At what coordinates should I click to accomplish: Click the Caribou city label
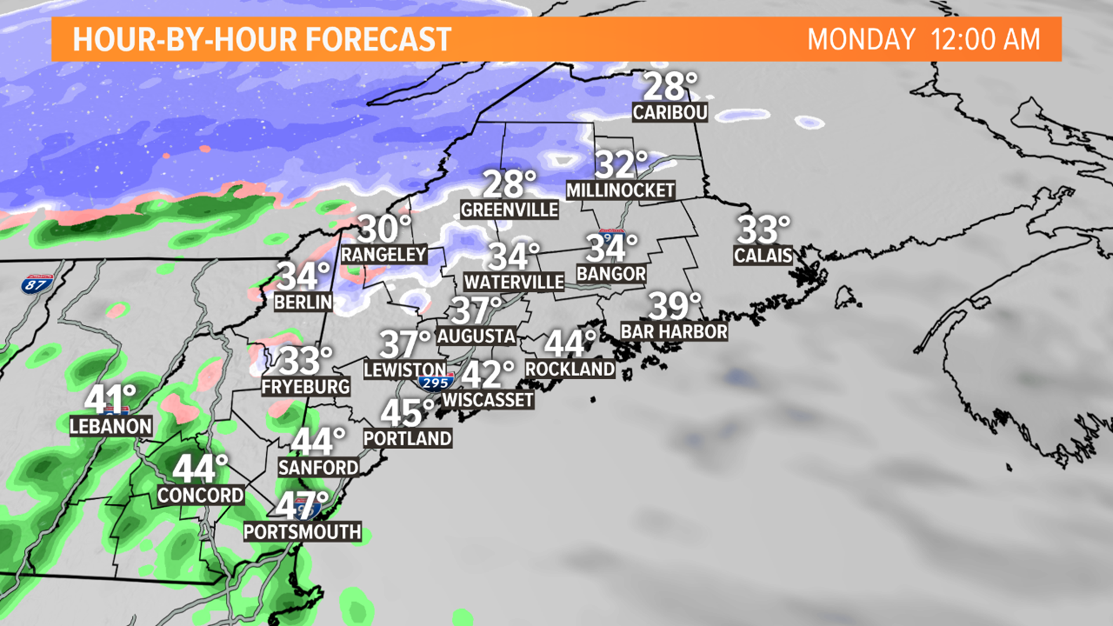670,112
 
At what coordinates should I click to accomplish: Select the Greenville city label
510,210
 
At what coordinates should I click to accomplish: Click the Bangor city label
611,274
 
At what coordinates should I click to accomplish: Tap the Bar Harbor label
674,332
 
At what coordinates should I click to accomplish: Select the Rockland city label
570,369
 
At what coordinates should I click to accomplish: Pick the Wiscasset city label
488,400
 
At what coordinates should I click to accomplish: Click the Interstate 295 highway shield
435,383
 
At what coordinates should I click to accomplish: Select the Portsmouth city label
302,532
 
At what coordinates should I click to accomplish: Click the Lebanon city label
111,427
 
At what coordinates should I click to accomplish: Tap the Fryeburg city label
305,387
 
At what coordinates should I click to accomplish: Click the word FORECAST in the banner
378,39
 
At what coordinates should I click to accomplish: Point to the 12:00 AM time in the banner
985,39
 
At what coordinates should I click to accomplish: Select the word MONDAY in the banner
861,39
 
